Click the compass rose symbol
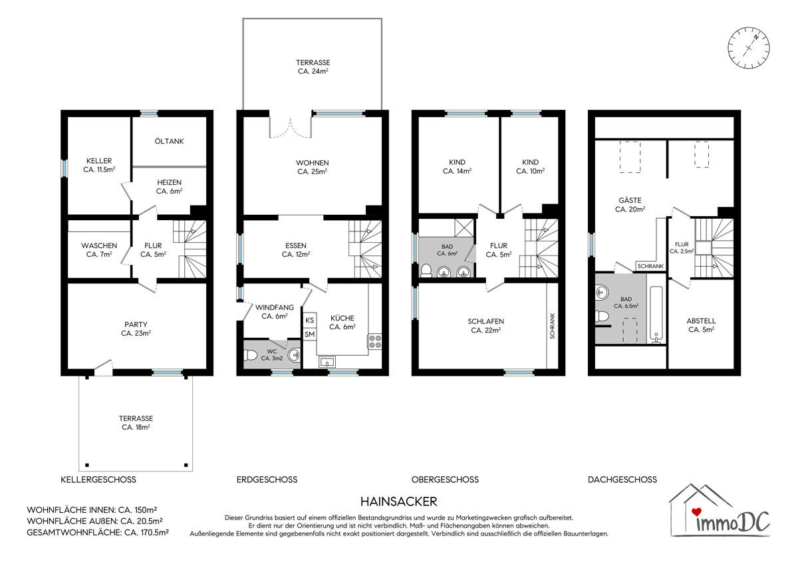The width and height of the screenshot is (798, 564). coord(749,47)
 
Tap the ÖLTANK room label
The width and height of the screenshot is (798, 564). coord(169,141)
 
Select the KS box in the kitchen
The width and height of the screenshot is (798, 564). coord(310,320)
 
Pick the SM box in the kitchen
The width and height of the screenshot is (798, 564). coord(310,334)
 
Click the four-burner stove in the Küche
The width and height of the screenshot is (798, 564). coord(375,341)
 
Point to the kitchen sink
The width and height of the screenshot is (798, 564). coord(327,362)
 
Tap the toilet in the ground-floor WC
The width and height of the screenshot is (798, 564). coord(250,354)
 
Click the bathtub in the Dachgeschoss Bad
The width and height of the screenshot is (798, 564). coord(656,314)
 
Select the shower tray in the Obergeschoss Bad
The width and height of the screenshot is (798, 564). coord(464,227)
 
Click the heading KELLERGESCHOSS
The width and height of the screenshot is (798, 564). coord(98,480)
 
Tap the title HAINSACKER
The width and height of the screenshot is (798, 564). coord(398,501)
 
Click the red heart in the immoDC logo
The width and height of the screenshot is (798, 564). coord(696,512)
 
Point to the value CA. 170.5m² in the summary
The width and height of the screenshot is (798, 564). coord(146,532)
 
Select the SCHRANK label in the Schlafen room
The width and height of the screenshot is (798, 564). coord(553,326)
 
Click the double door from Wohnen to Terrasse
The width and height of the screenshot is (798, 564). coord(291,128)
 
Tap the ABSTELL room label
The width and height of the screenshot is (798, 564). coord(701,321)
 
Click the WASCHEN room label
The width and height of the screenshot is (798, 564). coord(99,245)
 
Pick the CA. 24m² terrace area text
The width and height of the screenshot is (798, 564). coord(313,71)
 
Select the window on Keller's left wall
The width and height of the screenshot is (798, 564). coord(64,168)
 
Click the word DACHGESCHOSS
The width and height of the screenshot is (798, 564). coord(622,480)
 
